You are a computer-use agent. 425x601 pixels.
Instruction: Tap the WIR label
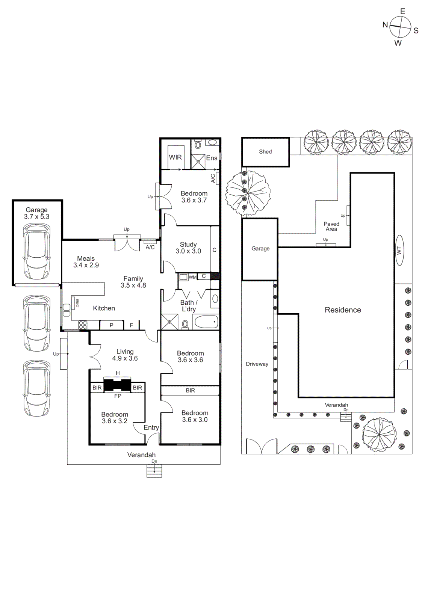(x=175, y=157)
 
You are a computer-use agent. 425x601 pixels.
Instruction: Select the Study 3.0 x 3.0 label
(x=188, y=248)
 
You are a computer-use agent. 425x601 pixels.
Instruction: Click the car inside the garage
(x=37, y=251)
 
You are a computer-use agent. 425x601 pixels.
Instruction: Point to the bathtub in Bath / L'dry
(x=206, y=322)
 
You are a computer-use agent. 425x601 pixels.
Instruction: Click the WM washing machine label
(x=192, y=277)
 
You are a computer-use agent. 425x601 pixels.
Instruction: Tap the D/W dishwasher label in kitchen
(x=78, y=303)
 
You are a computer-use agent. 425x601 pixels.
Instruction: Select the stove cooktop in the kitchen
(x=83, y=325)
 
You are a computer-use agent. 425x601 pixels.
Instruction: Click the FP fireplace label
(x=118, y=396)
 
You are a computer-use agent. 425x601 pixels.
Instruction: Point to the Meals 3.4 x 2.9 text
(x=86, y=262)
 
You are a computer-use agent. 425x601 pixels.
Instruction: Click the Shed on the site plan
(x=265, y=152)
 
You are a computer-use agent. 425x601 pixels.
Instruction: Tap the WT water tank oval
(x=399, y=250)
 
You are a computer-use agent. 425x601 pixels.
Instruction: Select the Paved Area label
(x=331, y=227)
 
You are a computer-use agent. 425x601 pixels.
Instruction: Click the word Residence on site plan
(x=343, y=310)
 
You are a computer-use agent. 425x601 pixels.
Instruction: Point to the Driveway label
(x=257, y=364)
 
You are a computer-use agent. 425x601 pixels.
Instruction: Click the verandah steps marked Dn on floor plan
(x=154, y=471)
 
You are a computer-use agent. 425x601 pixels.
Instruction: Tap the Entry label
(x=151, y=427)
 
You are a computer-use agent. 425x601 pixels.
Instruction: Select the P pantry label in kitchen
(x=111, y=325)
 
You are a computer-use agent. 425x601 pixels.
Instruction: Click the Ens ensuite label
(x=212, y=158)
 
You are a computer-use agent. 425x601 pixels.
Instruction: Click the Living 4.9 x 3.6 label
(x=125, y=355)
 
